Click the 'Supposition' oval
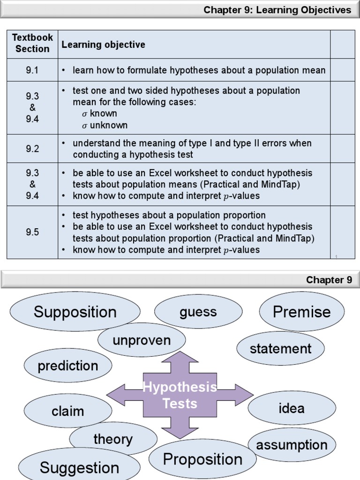coord(75,312)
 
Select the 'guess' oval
coord(198,312)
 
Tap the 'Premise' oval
coord(301,312)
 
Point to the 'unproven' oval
coord(142,340)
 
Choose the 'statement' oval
coord(280,348)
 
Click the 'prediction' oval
coord(68,366)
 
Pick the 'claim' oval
coord(68,411)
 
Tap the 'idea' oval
coord(291,408)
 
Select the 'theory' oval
coord(113,439)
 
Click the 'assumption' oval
coord(292,444)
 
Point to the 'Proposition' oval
coord(202,459)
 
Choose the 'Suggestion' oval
coord(80,467)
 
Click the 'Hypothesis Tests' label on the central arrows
coord(180,395)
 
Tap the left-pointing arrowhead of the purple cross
coord(116,395)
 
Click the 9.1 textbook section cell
coord(32,70)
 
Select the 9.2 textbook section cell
coord(32,149)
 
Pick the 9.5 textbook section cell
coord(32,232)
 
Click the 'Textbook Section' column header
coord(32,43)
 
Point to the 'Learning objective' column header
coord(104,45)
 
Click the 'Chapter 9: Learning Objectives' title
coord(277,10)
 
